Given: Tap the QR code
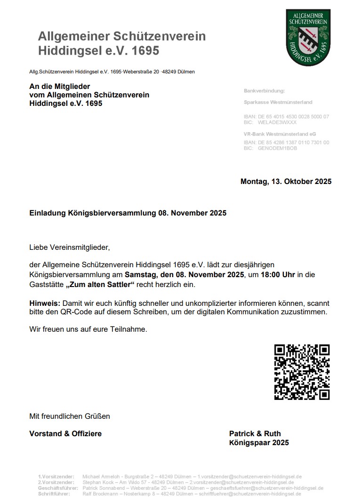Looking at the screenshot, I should (302, 372).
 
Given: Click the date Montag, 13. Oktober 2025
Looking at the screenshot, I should (286, 182).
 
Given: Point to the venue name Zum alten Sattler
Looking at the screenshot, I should (100, 285).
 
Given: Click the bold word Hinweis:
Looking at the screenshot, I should (45, 302).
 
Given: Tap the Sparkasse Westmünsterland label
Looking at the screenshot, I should (278, 102).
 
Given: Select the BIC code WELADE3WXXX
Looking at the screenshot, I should (277, 122).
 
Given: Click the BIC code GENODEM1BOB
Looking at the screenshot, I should (277, 148).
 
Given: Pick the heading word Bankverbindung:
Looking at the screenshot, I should (264, 90).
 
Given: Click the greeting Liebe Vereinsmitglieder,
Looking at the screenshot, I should (69, 247).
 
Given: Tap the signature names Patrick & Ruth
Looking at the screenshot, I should (255, 433).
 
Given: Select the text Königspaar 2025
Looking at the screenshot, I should (259, 443).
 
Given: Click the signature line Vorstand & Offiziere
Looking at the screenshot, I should (65, 433).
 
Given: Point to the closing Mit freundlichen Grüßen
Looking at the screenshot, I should (69, 416).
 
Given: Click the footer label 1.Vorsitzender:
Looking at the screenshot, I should (56, 477).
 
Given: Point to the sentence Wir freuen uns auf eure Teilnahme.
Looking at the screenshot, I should (88, 329).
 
